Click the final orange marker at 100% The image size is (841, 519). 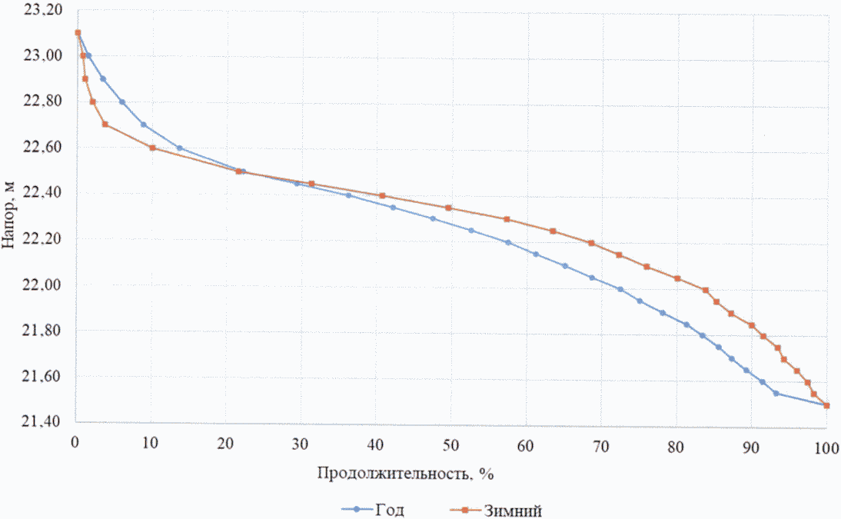coord(826,405)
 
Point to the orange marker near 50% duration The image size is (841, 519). coord(448,208)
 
